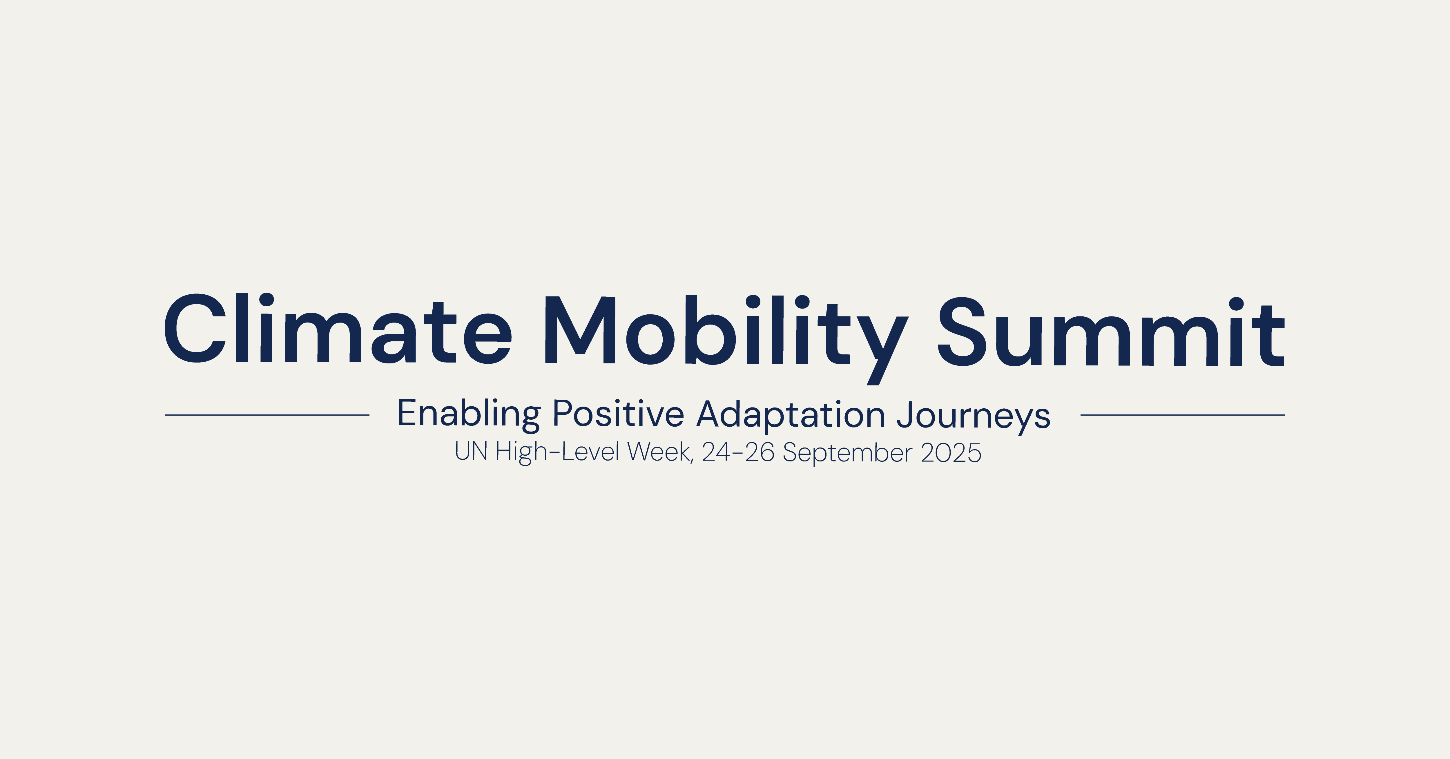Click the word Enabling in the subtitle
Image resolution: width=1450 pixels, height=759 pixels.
point(469,416)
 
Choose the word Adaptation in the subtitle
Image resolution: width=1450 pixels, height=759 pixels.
point(790,416)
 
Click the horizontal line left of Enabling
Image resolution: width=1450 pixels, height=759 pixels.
point(267,415)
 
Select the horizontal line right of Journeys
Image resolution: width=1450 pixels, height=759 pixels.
point(1183,415)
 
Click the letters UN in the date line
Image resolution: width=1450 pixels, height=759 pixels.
point(471,452)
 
